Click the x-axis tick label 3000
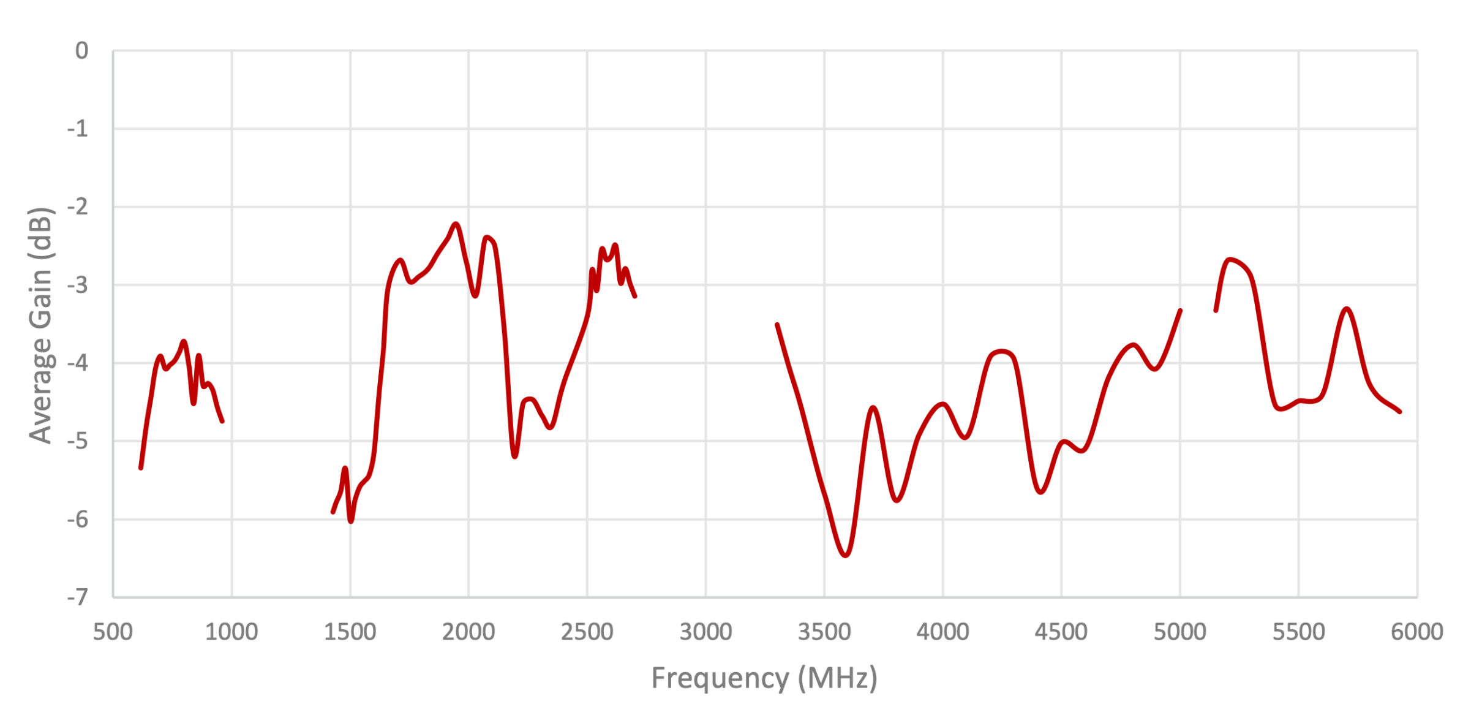pyautogui.click(x=705, y=632)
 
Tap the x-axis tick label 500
pyautogui.click(x=113, y=632)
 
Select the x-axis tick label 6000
pyautogui.click(x=1416, y=632)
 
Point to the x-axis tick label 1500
pyautogui.click(x=350, y=632)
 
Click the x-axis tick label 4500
pyautogui.click(x=1061, y=632)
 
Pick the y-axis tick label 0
pyautogui.click(x=81, y=51)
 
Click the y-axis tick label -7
pyautogui.click(x=78, y=597)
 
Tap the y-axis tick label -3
pyautogui.click(x=78, y=285)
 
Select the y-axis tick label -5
pyautogui.click(x=78, y=441)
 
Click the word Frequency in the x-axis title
pyautogui.click(x=720, y=678)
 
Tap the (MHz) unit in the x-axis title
pyautogui.click(x=837, y=678)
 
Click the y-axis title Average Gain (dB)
pyautogui.click(x=41, y=325)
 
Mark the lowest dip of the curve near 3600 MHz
pyautogui.click(x=846, y=555)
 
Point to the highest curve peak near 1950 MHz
pyautogui.click(x=456, y=224)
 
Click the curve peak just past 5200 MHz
pyautogui.click(x=1230, y=260)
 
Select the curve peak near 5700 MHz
pyautogui.click(x=1347, y=309)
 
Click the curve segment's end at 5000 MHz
pyautogui.click(x=1180, y=311)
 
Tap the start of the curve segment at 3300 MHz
pyautogui.click(x=777, y=325)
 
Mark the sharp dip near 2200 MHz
pyautogui.click(x=514, y=456)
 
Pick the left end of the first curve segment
pyautogui.click(x=141, y=468)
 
